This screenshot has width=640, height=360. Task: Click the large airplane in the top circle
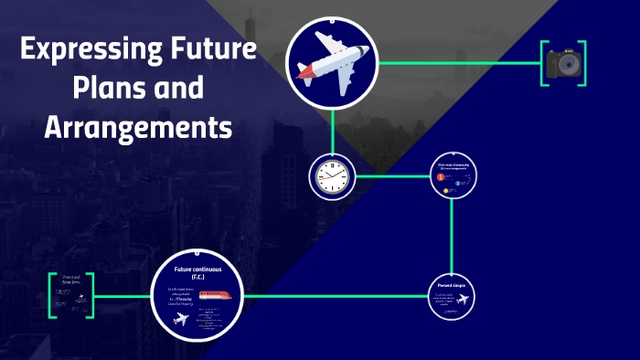332,62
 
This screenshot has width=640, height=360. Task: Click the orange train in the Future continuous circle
216,295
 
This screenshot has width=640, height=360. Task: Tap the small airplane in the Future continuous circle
180,320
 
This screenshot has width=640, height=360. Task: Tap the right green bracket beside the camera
582,63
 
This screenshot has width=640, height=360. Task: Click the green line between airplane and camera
457,63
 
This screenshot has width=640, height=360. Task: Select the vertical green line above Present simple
453,233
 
